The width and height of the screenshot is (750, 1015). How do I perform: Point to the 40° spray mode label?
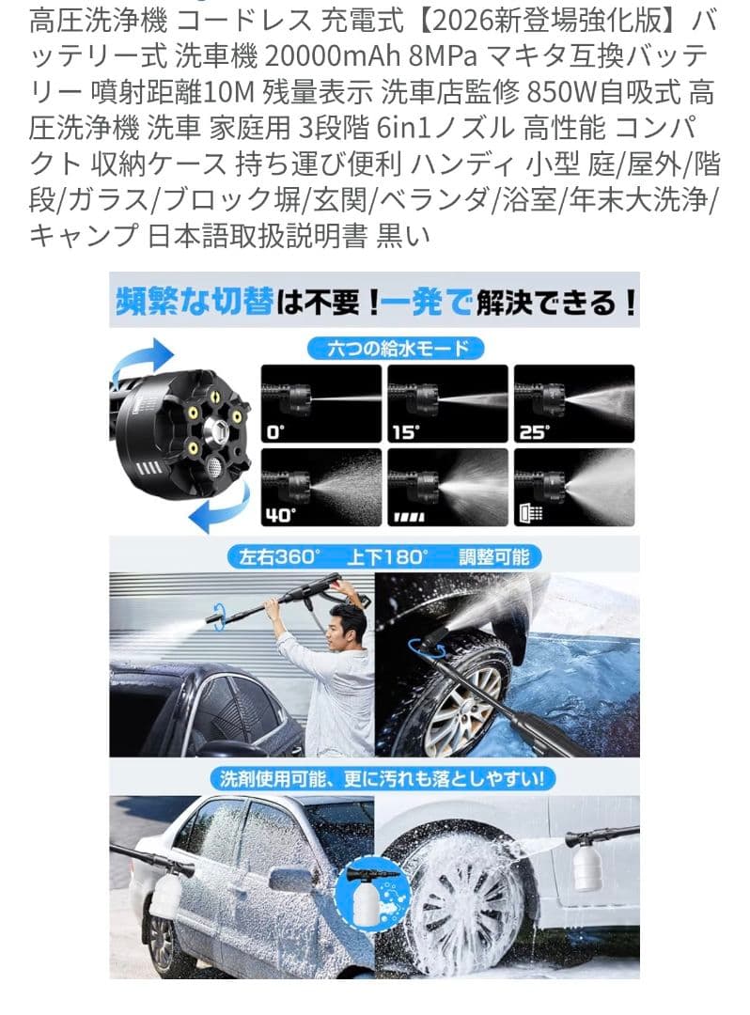[x=280, y=515]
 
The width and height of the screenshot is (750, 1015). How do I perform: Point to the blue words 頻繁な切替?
[x=195, y=302]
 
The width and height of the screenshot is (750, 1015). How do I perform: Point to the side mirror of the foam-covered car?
[x=287, y=881]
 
